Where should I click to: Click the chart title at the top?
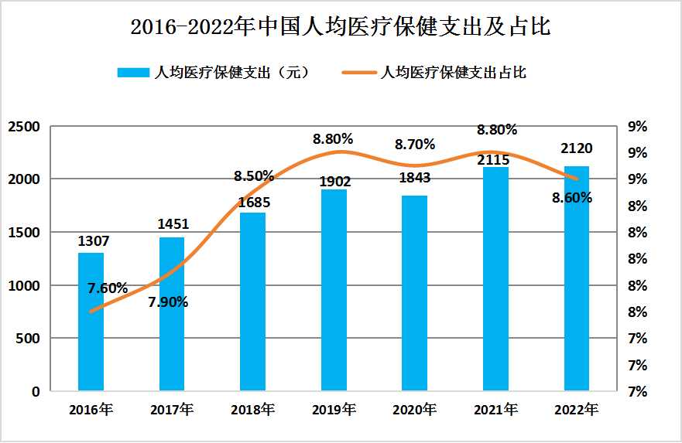(x=341, y=28)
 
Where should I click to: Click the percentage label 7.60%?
(x=108, y=288)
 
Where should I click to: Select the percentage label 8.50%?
(x=254, y=175)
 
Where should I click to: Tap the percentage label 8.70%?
(x=415, y=144)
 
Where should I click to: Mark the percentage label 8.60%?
(x=572, y=197)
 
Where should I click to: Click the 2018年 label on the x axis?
(x=253, y=409)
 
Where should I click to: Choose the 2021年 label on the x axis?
(x=496, y=409)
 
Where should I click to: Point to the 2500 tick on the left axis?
(x=24, y=126)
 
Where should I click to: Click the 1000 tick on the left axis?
(x=24, y=285)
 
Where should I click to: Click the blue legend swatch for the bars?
(x=133, y=73)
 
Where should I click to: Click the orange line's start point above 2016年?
(x=91, y=312)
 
